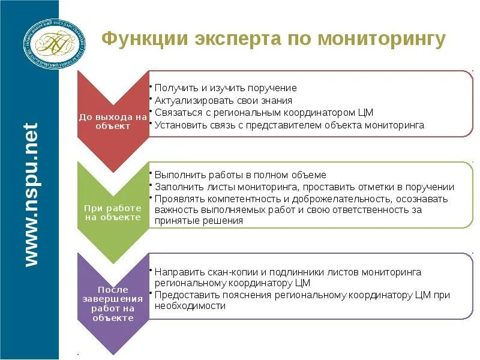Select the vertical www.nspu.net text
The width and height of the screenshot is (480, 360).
(32, 194)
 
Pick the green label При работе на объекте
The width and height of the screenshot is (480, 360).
(113, 212)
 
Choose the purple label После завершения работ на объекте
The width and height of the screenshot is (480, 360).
(113, 303)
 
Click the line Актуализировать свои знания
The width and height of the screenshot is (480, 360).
(223, 101)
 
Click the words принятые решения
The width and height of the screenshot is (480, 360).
(199, 221)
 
